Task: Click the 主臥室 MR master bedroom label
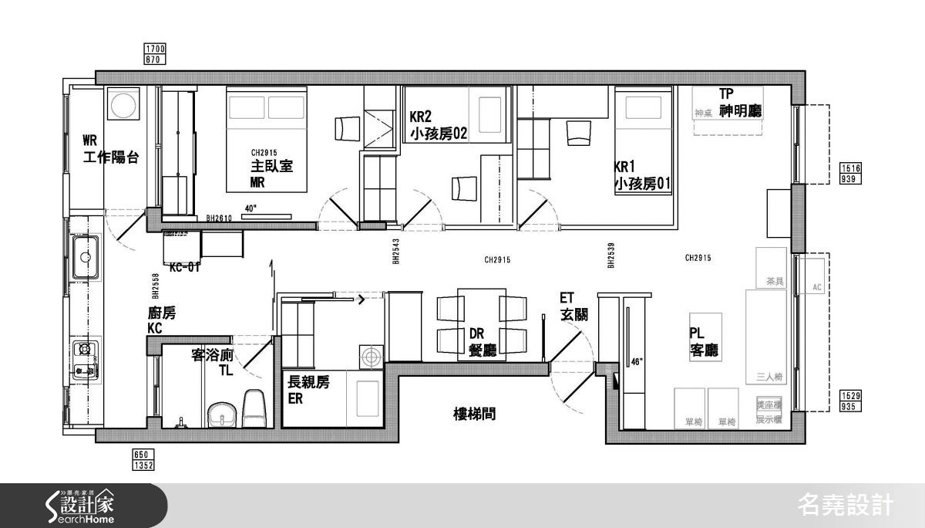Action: coord(271,174)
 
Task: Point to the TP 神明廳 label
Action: coord(739,102)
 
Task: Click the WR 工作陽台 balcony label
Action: coord(111,149)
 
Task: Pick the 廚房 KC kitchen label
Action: coord(162,320)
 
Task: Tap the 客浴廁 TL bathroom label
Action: coord(213,363)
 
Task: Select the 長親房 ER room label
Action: coord(308,391)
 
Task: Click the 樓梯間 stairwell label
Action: coord(474,415)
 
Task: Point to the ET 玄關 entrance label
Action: coord(573,307)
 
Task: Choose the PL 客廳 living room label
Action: coord(704,341)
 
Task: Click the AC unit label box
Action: coord(818,286)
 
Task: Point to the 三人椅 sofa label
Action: coord(769,377)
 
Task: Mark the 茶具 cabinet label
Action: coord(774,282)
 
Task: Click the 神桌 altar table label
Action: coord(701,113)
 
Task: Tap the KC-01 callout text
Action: coord(184,268)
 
